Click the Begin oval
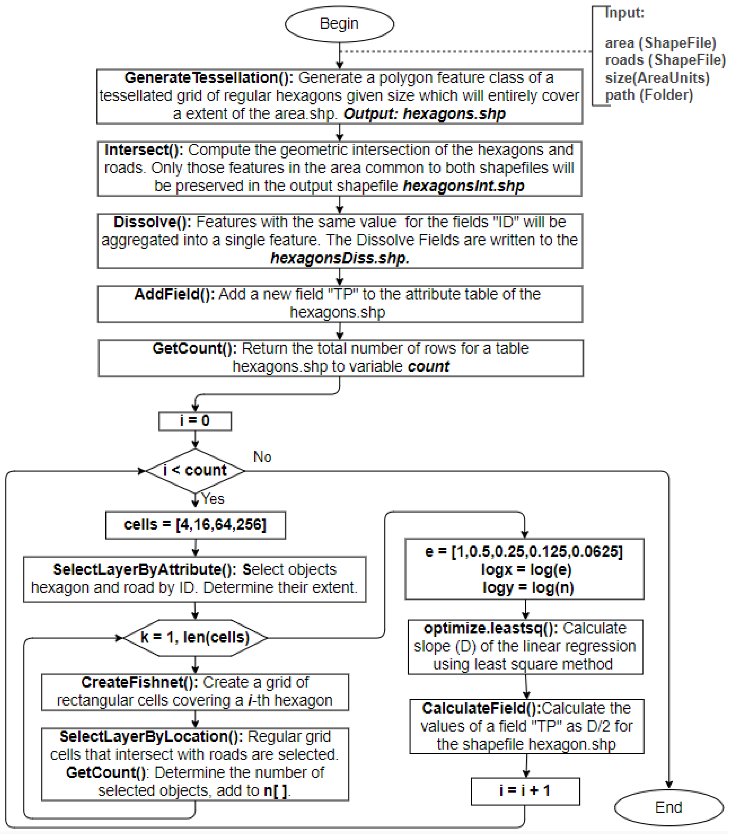[x=339, y=24]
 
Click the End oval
[x=668, y=807]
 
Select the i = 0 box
[x=195, y=421]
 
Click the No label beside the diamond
[x=262, y=457]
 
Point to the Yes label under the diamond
[x=213, y=499]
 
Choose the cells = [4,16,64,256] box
[x=195, y=525]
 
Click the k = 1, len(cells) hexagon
[x=195, y=637]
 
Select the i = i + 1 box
[x=525, y=791]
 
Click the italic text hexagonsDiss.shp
[x=340, y=258]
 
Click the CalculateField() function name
[x=481, y=709]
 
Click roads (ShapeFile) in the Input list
[x=665, y=60]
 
